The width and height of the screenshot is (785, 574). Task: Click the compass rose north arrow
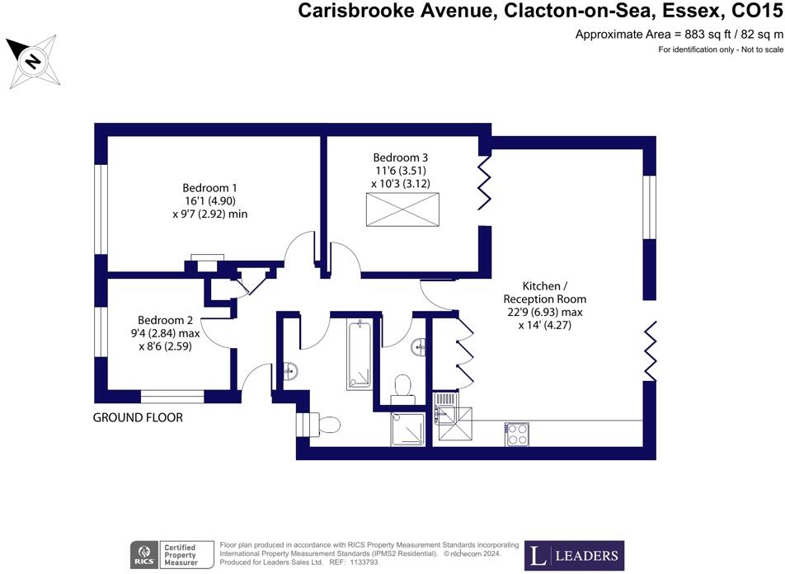(32, 61)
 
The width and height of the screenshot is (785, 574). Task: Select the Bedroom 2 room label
(165, 320)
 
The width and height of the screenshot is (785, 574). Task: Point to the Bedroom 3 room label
(400, 158)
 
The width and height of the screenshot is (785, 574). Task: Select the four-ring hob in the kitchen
(517, 434)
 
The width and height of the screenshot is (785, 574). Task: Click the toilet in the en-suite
(402, 386)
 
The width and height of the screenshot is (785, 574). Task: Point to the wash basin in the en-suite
(422, 346)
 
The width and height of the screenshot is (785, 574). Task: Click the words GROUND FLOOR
(138, 418)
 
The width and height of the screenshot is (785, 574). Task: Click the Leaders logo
(576, 555)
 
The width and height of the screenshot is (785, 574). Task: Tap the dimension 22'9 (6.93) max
(545, 312)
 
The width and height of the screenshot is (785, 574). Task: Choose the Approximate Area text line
(678, 35)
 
